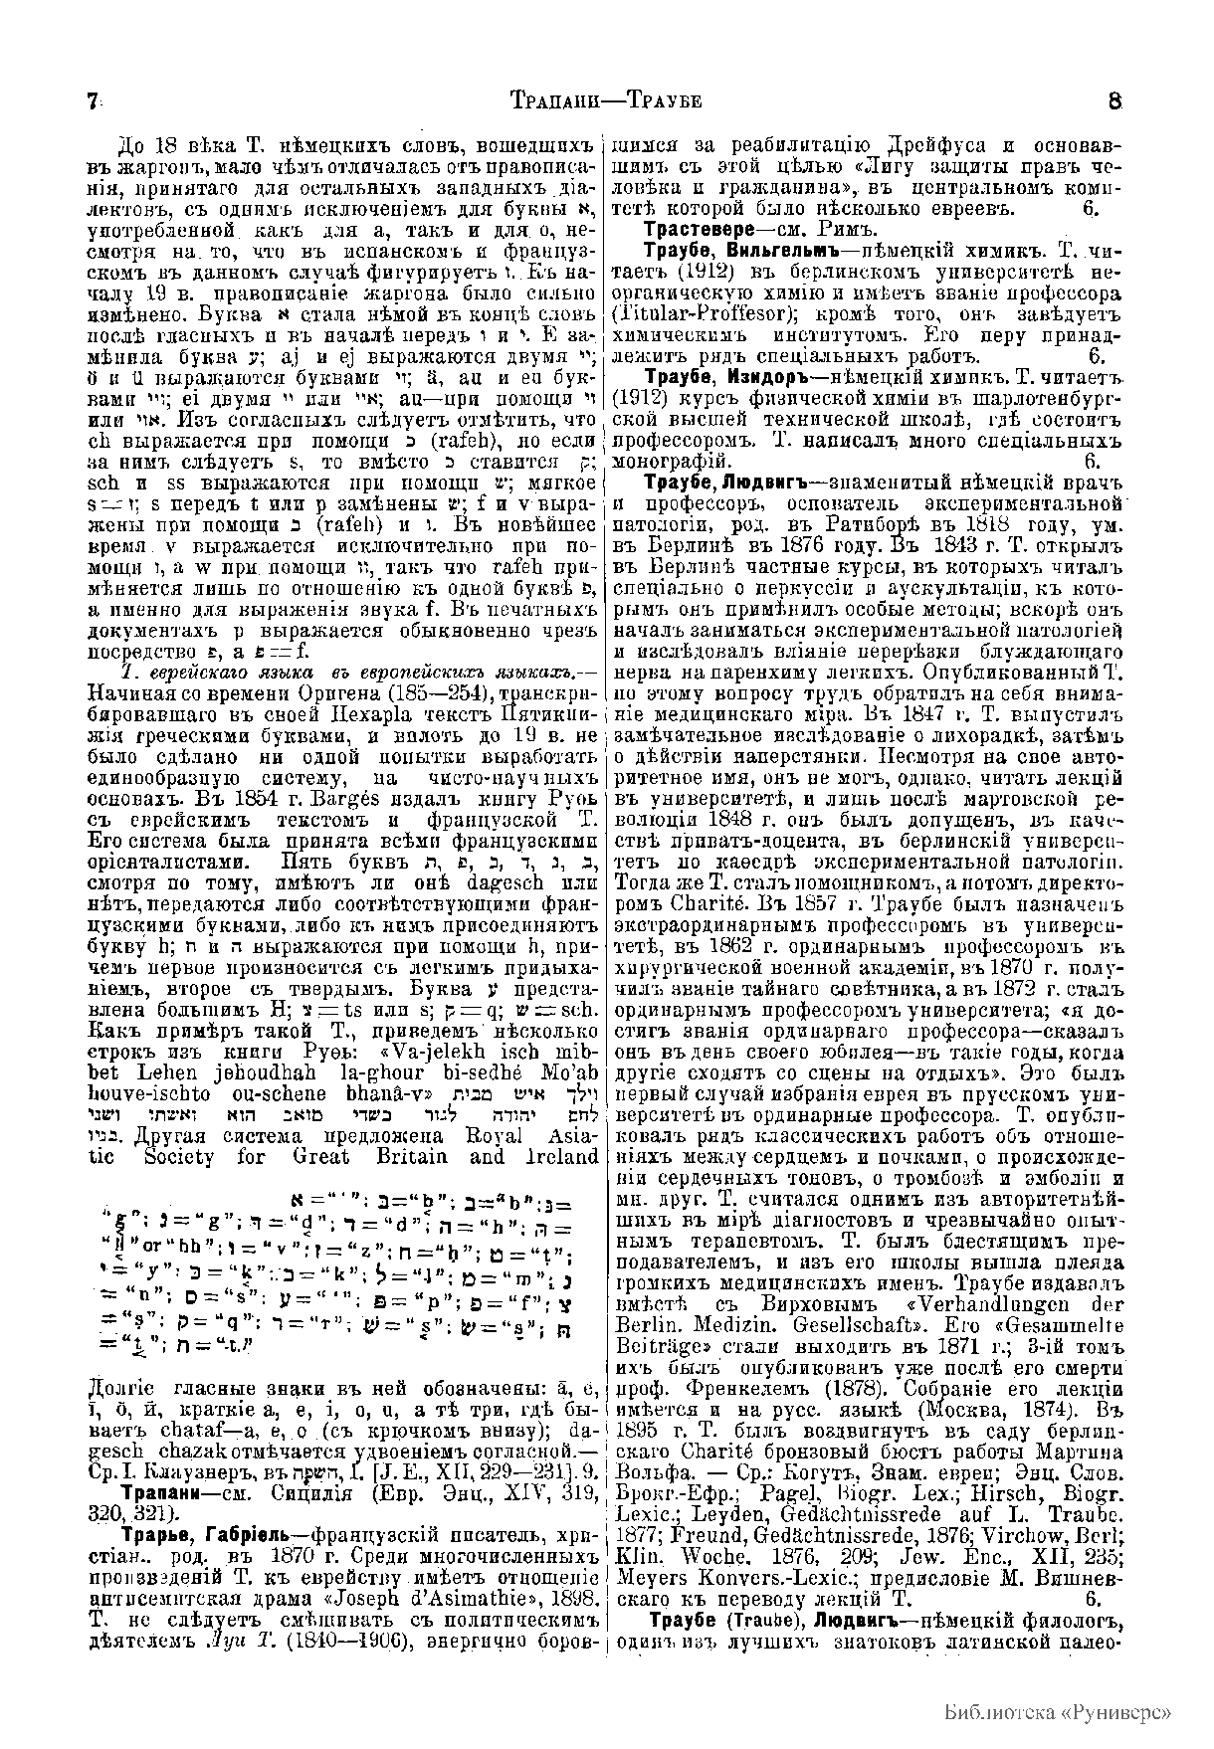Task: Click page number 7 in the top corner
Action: (93, 101)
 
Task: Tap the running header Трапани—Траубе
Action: (606, 101)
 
